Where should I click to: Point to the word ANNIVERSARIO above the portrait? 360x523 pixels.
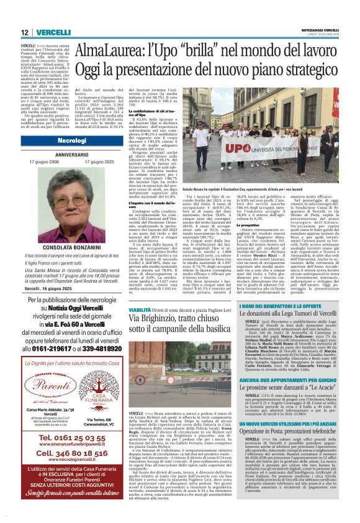point(54,155)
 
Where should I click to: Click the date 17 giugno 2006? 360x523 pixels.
point(29,161)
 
